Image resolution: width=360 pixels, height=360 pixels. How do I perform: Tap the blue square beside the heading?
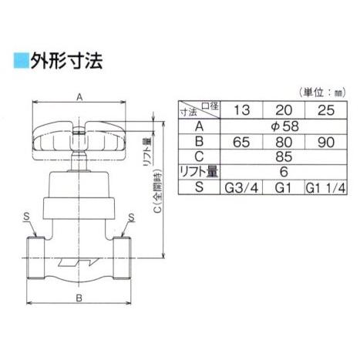[19, 60]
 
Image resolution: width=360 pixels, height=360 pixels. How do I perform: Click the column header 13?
[241, 109]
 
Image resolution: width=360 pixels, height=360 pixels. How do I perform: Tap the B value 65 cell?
[241, 143]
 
